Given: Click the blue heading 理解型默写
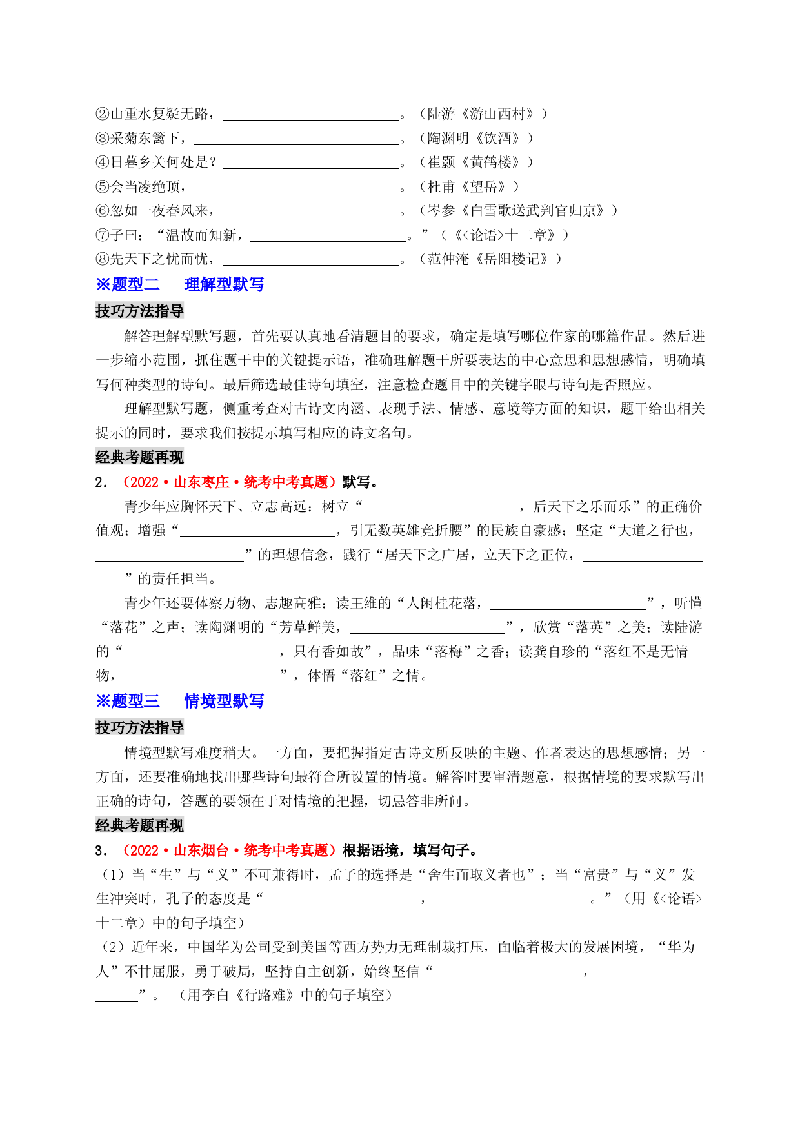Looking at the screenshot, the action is tap(224, 284).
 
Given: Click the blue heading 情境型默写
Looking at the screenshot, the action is tap(224, 701).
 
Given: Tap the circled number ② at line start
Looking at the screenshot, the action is tap(103, 114).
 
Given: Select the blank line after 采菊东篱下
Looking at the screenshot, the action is tap(296, 144).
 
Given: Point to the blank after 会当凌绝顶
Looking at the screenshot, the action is tap(296, 192).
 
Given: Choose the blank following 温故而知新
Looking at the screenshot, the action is tap(328, 241).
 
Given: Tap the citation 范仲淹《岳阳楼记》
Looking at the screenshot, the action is tap(490, 259).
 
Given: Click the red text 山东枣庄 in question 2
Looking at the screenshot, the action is tap(201, 482).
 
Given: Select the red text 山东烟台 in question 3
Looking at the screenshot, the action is tap(201, 851).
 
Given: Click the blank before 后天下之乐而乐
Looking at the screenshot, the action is tap(441, 513).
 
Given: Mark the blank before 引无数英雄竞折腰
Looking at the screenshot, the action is tap(257, 536).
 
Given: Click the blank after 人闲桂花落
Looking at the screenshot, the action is tap(568, 609).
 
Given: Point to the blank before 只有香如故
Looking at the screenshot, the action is tap(201, 658).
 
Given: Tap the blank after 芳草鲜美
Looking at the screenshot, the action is tap(426, 633).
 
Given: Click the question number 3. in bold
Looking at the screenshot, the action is tap(101, 851).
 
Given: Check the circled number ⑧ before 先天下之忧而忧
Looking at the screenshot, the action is tap(103, 259).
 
